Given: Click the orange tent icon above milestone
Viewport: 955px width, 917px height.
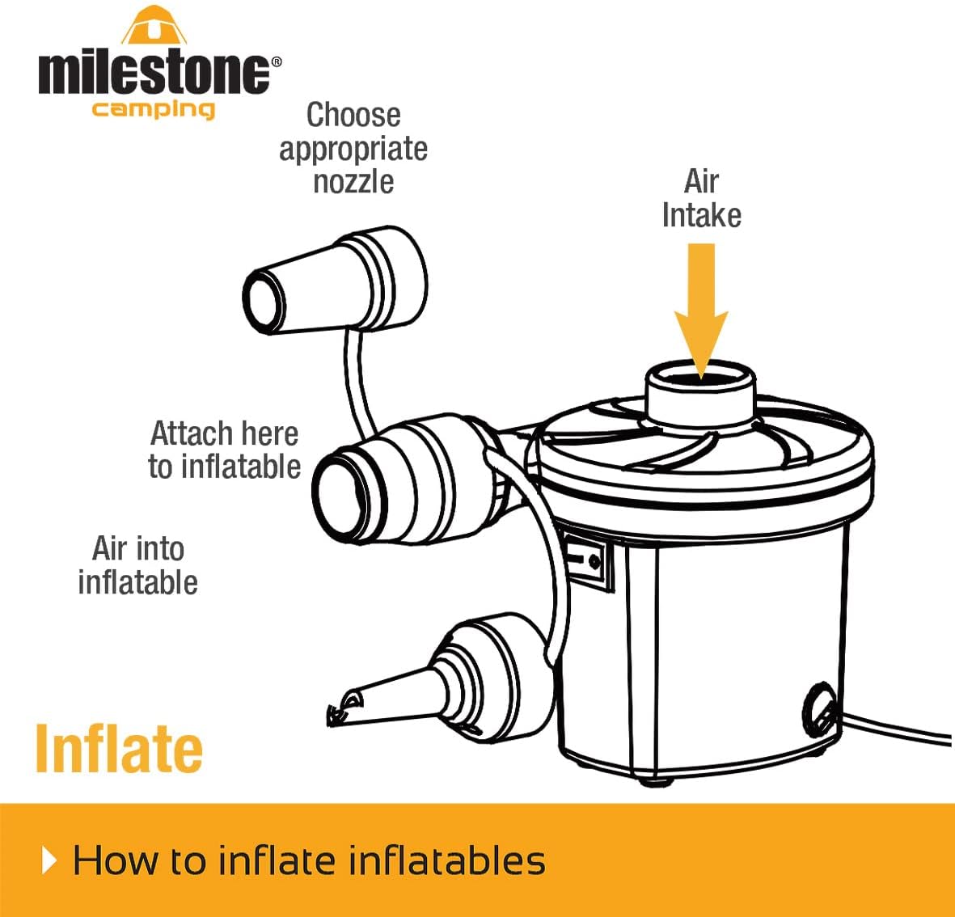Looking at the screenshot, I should point(154,26).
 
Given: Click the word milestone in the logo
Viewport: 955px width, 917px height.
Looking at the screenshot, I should point(154,72).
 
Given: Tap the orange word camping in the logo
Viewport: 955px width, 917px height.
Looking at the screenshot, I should point(153,109).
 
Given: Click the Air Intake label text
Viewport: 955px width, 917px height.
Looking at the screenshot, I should point(701,198).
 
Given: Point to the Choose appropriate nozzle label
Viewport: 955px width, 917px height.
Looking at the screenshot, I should point(353,148).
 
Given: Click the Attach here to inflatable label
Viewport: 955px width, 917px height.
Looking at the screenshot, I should point(224,450).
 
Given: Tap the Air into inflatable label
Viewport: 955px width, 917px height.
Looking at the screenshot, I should point(138,565).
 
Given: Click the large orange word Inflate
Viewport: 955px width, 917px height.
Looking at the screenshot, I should point(119,748).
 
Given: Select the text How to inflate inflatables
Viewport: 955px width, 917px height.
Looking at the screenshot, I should point(309,860).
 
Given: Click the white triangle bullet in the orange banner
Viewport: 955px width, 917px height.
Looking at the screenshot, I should point(49,860).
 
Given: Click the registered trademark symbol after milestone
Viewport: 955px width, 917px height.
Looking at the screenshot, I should point(276,61).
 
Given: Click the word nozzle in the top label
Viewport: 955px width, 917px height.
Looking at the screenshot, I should point(353,181).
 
